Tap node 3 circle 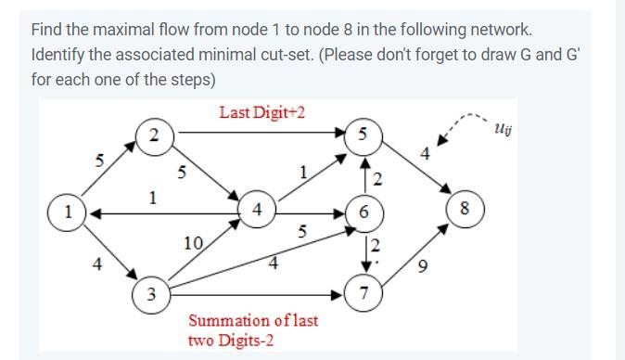(151, 296)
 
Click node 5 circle (364, 135)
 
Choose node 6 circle (364, 212)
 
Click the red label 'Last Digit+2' (262, 113)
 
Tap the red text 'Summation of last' (253, 321)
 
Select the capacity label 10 (193, 243)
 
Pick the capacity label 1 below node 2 (153, 197)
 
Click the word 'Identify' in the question (57, 54)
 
